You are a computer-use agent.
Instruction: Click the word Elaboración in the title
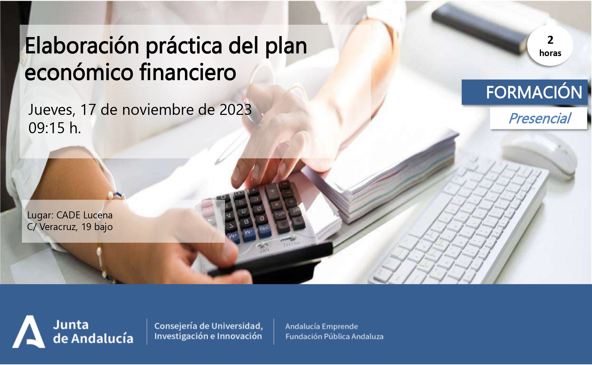point(82,46)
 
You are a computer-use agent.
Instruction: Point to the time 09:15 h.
point(55,128)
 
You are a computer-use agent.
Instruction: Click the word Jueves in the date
point(51,110)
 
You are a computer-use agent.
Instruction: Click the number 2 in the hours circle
point(550,40)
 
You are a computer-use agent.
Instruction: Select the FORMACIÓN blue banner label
point(525,92)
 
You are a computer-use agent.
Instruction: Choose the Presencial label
point(539,118)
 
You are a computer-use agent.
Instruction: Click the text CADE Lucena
point(84,215)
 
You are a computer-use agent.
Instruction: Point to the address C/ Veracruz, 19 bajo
point(70,227)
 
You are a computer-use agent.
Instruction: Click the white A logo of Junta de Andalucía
point(29,332)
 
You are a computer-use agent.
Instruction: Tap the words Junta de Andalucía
point(93,332)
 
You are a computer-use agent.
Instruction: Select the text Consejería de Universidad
point(208,326)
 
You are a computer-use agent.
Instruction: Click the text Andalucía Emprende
point(322,326)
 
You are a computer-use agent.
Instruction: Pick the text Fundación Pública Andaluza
point(334,337)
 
